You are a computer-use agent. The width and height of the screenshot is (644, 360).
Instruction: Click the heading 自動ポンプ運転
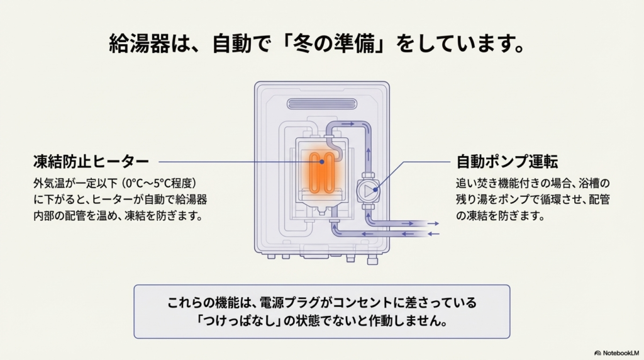(x=507, y=162)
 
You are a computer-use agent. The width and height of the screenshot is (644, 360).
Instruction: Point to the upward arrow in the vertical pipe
(x=368, y=151)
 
